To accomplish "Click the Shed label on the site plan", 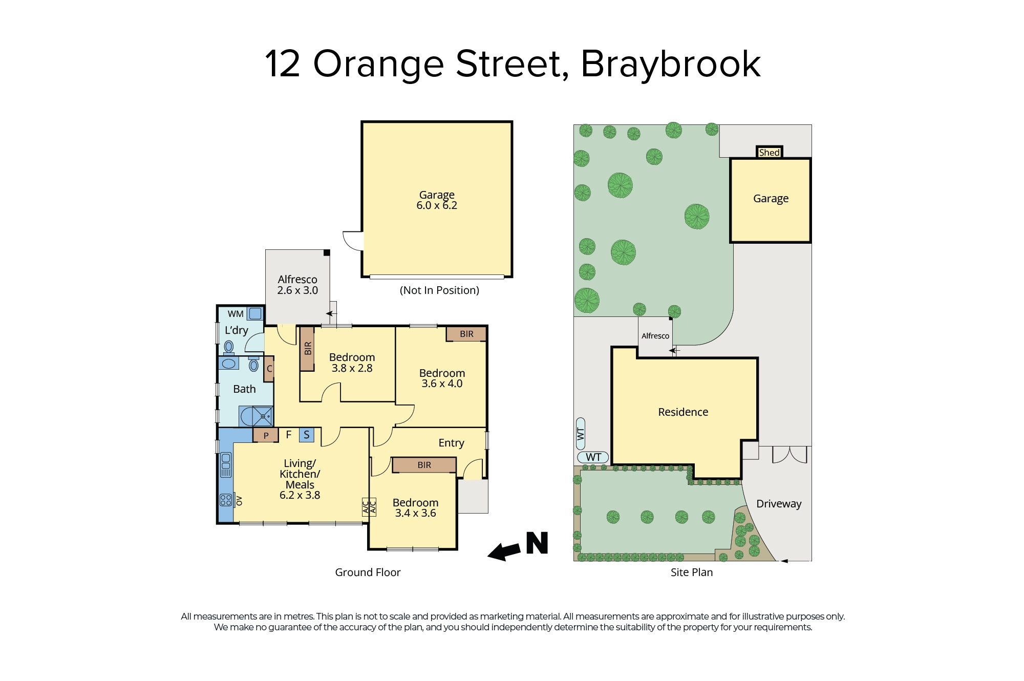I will pyautogui.click(x=769, y=152).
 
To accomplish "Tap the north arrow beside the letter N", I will pyautogui.click(x=505, y=551).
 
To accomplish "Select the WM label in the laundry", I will pyautogui.click(x=236, y=314).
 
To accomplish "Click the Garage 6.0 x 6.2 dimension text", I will pyautogui.click(x=437, y=205).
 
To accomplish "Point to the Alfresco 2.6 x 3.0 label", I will pyautogui.click(x=297, y=285).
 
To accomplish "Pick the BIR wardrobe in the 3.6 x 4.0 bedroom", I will pyautogui.click(x=466, y=334).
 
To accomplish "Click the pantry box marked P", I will pyautogui.click(x=266, y=435).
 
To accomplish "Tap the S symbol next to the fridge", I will pyautogui.click(x=307, y=435).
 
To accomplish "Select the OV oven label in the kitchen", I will pyautogui.click(x=239, y=500).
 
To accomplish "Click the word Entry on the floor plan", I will pyautogui.click(x=451, y=443).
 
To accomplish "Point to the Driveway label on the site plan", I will pyautogui.click(x=779, y=504).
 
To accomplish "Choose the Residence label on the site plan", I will pyautogui.click(x=683, y=412).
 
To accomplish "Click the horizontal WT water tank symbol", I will pyautogui.click(x=593, y=457).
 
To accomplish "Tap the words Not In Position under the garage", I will pyautogui.click(x=439, y=290).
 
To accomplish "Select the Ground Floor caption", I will pyautogui.click(x=368, y=572).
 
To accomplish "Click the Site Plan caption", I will pyautogui.click(x=692, y=572).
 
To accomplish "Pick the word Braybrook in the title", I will pyautogui.click(x=671, y=65).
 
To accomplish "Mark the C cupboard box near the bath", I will pyautogui.click(x=269, y=369).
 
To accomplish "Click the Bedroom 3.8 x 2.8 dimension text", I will pyautogui.click(x=352, y=368).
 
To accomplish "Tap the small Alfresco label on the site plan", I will pyautogui.click(x=655, y=336).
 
